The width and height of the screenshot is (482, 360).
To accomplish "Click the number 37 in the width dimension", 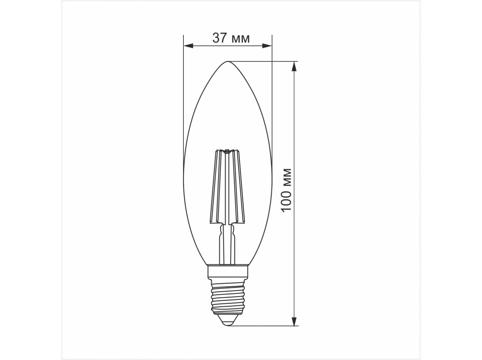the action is tap(219, 38).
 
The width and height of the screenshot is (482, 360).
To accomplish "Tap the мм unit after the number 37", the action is tap(241, 39).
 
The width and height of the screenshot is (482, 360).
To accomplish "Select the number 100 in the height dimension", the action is tap(286, 201).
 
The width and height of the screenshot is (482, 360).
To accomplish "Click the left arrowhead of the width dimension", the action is tap(188, 46).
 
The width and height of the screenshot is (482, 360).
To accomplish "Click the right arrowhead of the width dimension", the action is tap(267, 46).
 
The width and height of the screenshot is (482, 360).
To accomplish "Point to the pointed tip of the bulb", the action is tap(228, 61).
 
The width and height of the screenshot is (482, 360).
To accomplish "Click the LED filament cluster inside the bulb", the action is tap(228, 186).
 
